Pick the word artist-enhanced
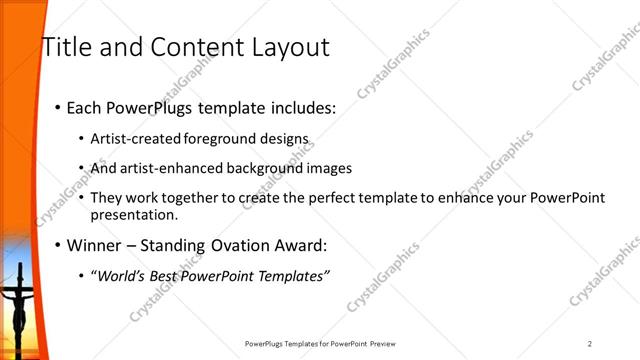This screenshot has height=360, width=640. coord(168,168)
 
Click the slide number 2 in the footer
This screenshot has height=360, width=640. coord(590,345)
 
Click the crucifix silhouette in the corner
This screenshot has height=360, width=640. coord(18,300)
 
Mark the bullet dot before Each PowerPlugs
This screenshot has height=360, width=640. coord(57,108)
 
